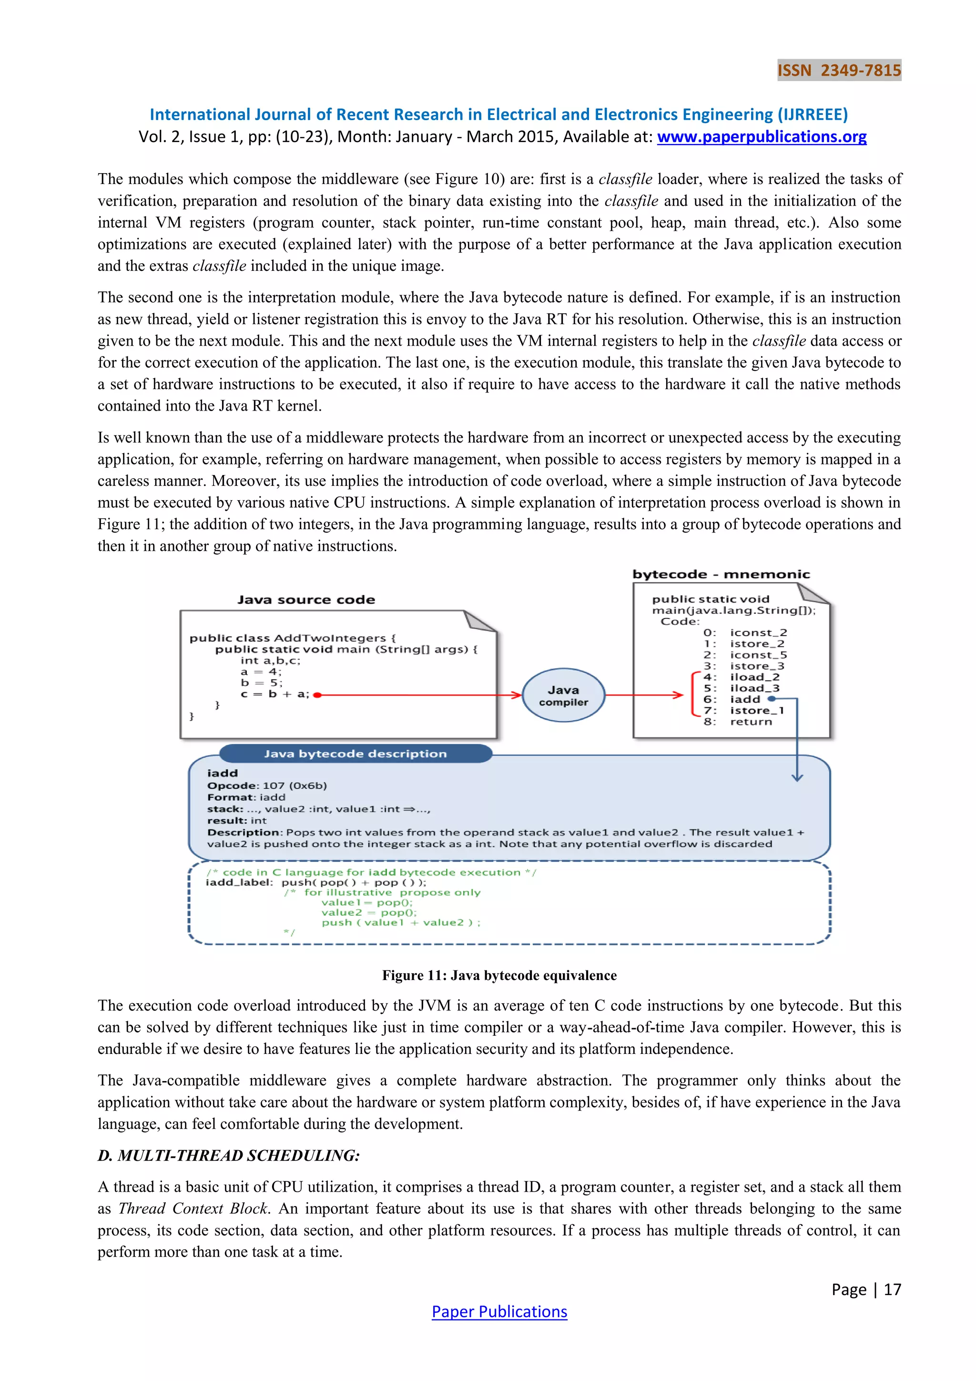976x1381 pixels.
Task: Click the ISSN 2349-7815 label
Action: pos(839,71)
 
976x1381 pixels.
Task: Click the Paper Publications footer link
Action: pos(499,1311)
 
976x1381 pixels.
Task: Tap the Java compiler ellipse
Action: pos(563,695)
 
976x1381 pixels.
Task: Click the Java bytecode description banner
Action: pos(355,753)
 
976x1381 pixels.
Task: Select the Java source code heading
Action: pos(306,600)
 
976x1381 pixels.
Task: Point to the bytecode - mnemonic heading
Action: pos(721,575)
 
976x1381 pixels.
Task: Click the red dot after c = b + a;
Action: pos(317,695)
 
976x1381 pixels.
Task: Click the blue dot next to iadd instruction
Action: pos(772,699)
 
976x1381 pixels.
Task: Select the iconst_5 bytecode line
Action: pos(758,655)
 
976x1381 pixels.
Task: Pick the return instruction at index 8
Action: pos(751,722)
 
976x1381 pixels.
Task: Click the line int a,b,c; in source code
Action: pos(270,660)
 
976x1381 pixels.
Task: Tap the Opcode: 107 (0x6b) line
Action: pos(267,785)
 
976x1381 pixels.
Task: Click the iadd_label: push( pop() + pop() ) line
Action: pos(316,882)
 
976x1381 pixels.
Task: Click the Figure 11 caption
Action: pos(499,975)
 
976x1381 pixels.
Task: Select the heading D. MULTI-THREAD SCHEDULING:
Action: pos(228,1155)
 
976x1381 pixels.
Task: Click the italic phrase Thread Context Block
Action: pos(193,1208)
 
